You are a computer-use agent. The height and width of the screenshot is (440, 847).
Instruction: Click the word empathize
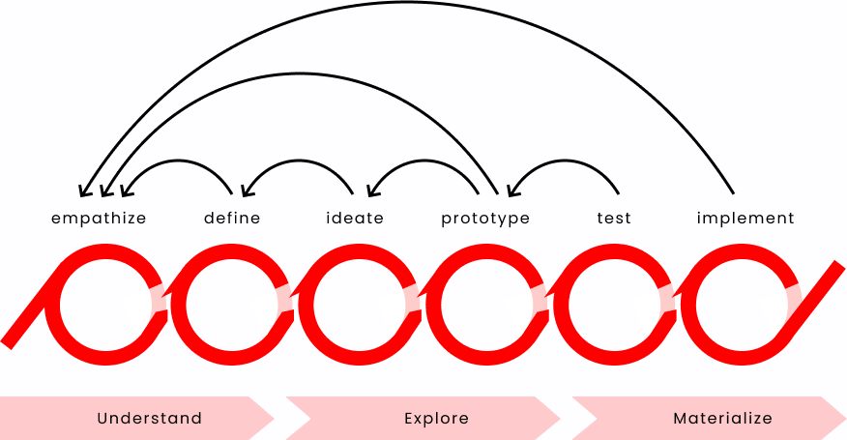[99, 219]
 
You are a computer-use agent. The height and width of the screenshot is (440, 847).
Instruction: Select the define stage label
[232, 219]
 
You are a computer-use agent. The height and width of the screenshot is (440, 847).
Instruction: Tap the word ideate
[355, 219]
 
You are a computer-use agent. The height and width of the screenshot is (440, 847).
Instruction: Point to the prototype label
[485, 219]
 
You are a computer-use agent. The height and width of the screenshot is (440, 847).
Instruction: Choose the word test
[614, 219]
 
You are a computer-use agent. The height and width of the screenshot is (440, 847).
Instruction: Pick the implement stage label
[745, 219]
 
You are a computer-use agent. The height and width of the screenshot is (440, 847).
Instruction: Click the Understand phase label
[149, 419]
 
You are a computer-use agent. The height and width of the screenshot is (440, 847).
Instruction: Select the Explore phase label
[436, 419]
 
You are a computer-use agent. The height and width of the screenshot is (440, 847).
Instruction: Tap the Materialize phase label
[722, 419]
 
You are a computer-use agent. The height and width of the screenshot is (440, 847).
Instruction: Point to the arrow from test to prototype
[564, 160]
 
